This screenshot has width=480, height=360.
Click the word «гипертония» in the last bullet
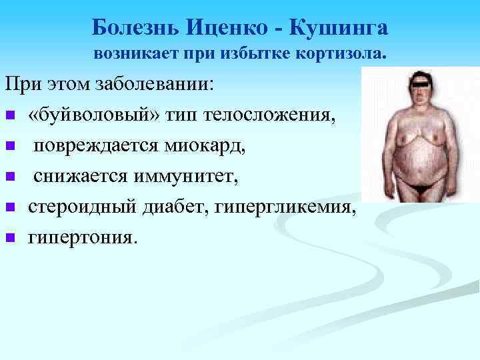[x=81, y=236]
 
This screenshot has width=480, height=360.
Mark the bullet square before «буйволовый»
[x=10, y=117]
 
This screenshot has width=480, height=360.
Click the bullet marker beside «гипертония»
[x=10, y=237]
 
